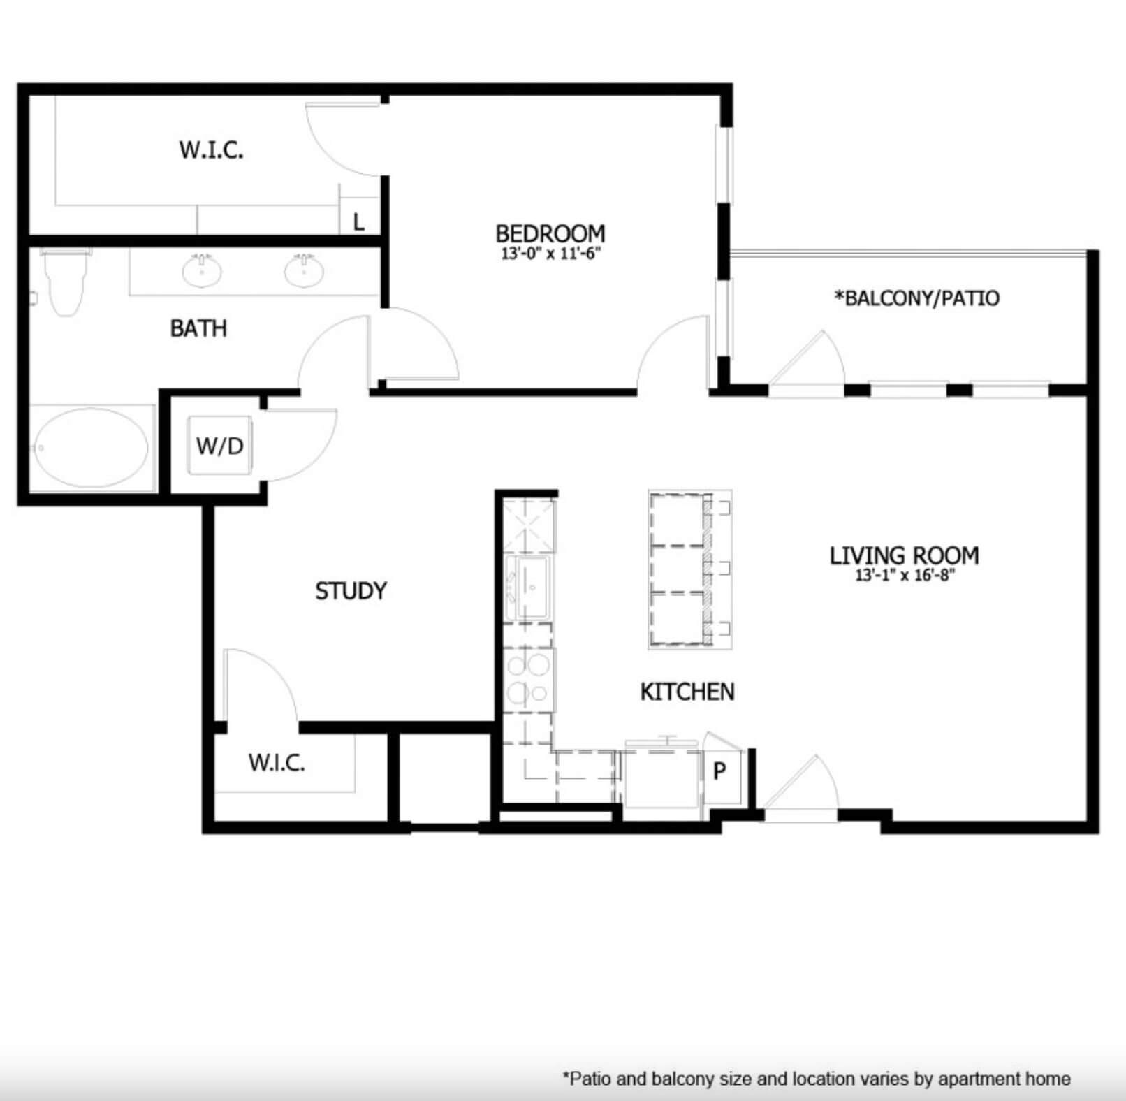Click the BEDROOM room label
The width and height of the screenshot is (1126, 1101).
pos(550,233)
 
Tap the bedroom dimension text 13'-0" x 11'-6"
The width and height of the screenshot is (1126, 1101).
pos(550,254)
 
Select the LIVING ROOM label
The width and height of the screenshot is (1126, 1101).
pos(904,555)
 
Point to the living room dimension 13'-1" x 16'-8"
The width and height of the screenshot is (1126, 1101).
pos(905,576)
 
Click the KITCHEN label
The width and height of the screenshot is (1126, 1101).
pos(687,692)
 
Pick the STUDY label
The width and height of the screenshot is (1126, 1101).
pos(351,591)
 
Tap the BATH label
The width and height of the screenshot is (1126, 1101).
pos(198,328)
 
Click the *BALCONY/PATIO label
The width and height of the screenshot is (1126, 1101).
pos(916,298)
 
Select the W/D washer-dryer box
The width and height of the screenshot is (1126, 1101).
pos(220,446)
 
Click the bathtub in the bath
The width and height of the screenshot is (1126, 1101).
pos(91,447)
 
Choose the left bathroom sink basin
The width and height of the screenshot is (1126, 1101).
pos(203,270)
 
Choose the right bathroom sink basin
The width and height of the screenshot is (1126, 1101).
pos(304,270)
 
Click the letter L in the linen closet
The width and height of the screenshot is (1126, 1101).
pos(359,222)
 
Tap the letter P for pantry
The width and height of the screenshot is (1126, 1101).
pos(719,771)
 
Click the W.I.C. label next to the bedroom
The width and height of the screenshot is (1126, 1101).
pos(212,150)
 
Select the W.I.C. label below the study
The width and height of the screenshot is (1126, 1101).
pos(277,763)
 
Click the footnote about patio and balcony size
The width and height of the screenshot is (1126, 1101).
pos(817,1079)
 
